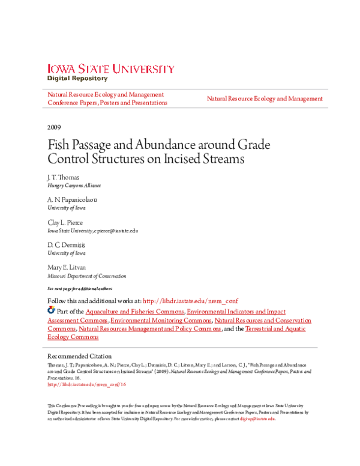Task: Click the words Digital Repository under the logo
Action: (x=77, y=79)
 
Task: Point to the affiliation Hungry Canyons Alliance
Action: (x=74, y=186)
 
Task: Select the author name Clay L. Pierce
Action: (x=66, y=222)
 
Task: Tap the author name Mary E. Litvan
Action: (x=67, y=267)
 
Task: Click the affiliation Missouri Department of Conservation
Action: (x=87, y=276)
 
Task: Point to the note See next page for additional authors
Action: (x=80, y=288)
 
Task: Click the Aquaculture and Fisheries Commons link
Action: (x=135, y=312)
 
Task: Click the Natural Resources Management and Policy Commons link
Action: (x=150, y=329)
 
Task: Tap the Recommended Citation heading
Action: (x=79, y=356)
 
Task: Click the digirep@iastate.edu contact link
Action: (x=257, y=419)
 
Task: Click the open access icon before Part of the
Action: (x=51, y=311)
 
